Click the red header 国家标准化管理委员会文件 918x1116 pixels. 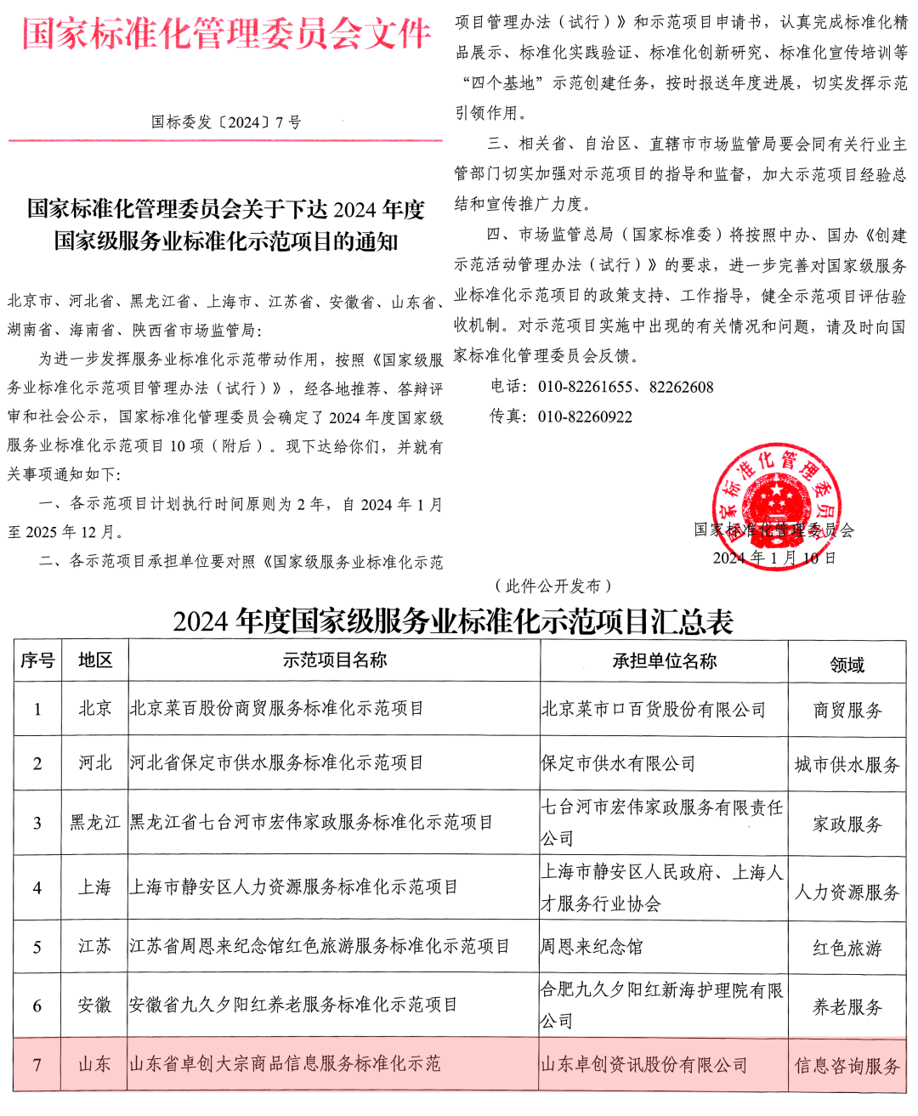coord(226,34)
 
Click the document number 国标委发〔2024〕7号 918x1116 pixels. coord(226,122)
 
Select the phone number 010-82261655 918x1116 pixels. coord(585,388)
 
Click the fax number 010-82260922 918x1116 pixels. coord(585,417)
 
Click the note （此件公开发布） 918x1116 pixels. coord(553,586)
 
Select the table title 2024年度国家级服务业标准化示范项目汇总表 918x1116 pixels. coord(453,622)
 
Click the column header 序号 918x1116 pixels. coord(37,661)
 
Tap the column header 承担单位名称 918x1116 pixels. coord(664,661)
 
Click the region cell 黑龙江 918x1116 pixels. coord(95,823)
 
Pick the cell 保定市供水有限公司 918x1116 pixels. coord(618,764)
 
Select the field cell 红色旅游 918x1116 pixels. coord(847,948)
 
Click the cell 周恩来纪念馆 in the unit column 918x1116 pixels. coord(592,947)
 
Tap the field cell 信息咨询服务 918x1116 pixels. coord(847,1066)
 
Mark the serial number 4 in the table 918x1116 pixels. coord(37,888)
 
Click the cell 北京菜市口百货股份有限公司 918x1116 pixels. coord(654,710)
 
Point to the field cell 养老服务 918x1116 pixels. coord(847,1007)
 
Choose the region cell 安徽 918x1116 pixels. coord(95,1006)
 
